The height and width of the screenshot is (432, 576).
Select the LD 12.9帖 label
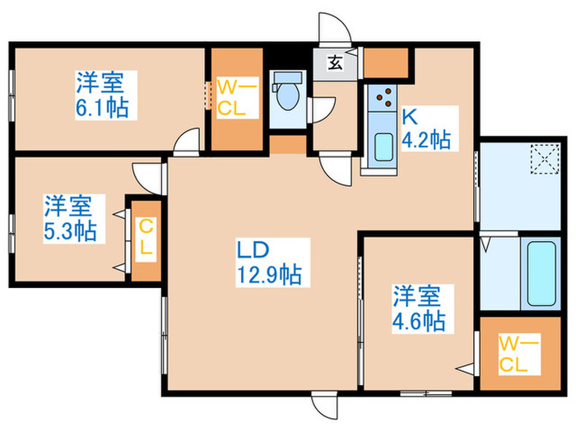268,262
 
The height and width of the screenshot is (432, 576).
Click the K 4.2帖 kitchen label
425,128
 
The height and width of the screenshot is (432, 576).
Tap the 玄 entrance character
337,61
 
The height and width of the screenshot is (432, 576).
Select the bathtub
541,274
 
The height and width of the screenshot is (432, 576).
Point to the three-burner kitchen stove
383,100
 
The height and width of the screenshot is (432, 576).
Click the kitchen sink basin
383,147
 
